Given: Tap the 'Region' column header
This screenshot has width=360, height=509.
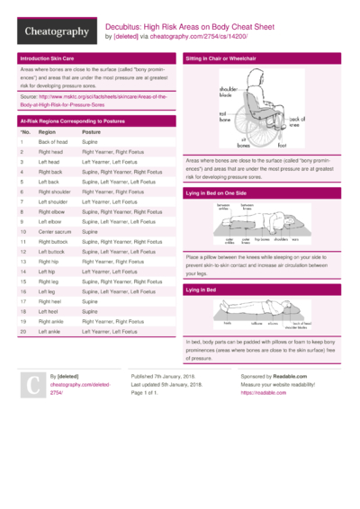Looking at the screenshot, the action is tap(47, 131).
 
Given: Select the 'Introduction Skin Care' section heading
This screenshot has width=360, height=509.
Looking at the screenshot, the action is tap(49, 58).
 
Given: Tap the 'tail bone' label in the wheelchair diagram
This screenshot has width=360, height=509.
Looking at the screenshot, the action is tap(223, 119).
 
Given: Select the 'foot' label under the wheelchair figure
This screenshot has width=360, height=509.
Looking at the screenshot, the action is tap(282, 144).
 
